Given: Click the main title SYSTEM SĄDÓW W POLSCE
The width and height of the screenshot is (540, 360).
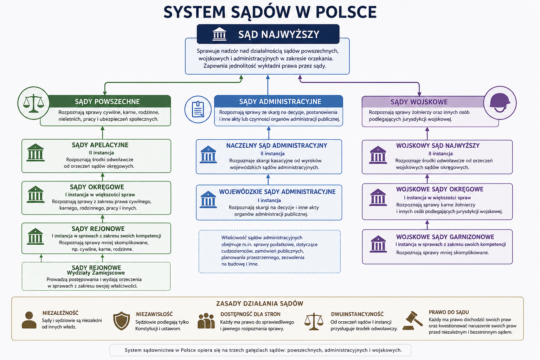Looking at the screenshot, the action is (x=270, y=12).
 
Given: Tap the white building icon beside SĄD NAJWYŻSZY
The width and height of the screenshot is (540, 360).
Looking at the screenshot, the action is (x=219, y=34).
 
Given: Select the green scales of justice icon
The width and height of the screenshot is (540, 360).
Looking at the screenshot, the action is (x=33, y=103).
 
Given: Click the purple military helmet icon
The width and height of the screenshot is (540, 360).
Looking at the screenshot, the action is (x=500, y=103).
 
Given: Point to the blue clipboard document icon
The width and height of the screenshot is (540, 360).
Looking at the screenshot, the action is (x=198, y=109).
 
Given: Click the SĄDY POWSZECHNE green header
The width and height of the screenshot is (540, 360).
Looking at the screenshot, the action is (x=107, y=102).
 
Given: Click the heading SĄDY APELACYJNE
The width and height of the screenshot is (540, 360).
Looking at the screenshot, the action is (x=100, y=145).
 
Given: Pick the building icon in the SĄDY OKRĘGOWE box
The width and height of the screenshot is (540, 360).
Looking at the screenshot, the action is (x=36, y=194).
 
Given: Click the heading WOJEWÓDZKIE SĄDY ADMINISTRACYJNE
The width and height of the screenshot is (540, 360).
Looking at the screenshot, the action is (x=277, y=192).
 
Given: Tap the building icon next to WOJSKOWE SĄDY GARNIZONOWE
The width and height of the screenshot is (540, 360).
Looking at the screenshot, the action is (x=378, y=244).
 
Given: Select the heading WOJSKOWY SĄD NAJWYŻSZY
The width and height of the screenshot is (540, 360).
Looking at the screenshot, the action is (x=438, y=146).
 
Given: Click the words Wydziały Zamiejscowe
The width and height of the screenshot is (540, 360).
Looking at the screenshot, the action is (x=96, y=273).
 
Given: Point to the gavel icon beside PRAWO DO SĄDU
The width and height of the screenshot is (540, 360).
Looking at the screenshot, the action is (x=412, y=321).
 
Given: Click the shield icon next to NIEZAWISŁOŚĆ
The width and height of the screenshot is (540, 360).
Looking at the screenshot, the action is (x=122, y=321).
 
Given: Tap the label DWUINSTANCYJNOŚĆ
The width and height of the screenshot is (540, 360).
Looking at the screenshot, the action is (x=357, y=314).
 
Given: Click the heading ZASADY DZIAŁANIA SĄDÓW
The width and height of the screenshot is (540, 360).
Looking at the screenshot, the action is (x=260, y=303).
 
